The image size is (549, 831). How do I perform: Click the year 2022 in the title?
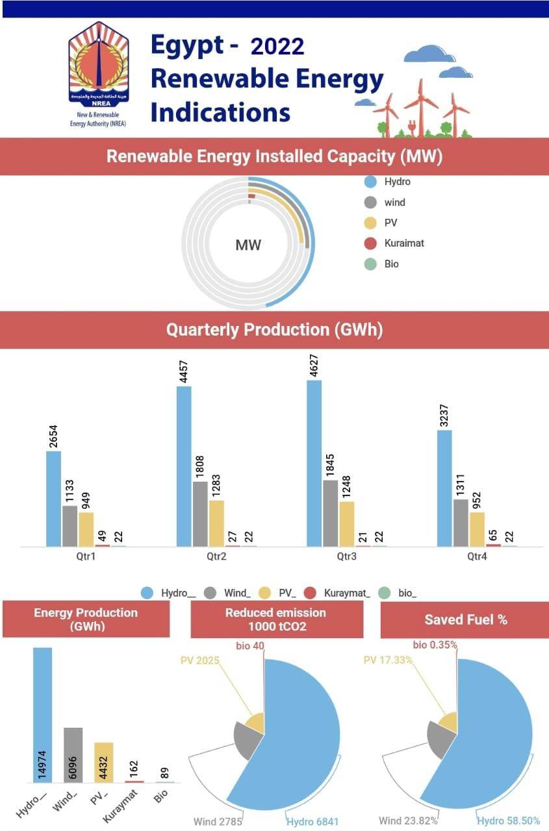pos(277,47)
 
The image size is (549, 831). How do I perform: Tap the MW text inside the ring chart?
pos(248,245)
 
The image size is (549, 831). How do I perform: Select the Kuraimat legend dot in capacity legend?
pos(370,243)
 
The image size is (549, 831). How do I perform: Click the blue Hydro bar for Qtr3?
pos(314,463)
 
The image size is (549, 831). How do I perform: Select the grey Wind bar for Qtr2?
pos(200,514)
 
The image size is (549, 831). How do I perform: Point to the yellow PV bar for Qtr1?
pos(86,529)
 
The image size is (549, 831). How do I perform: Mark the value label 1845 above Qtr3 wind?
pos(331,464)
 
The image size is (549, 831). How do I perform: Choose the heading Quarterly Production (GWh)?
pos(274,330)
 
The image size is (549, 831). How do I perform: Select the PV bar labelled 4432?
pos(104,762)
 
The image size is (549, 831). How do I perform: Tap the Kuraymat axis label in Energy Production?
pos(118,804)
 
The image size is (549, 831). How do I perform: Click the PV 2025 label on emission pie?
pos(199,660)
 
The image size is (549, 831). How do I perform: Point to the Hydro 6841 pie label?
pos(313,821)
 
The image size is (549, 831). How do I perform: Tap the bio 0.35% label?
pos(435,645)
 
